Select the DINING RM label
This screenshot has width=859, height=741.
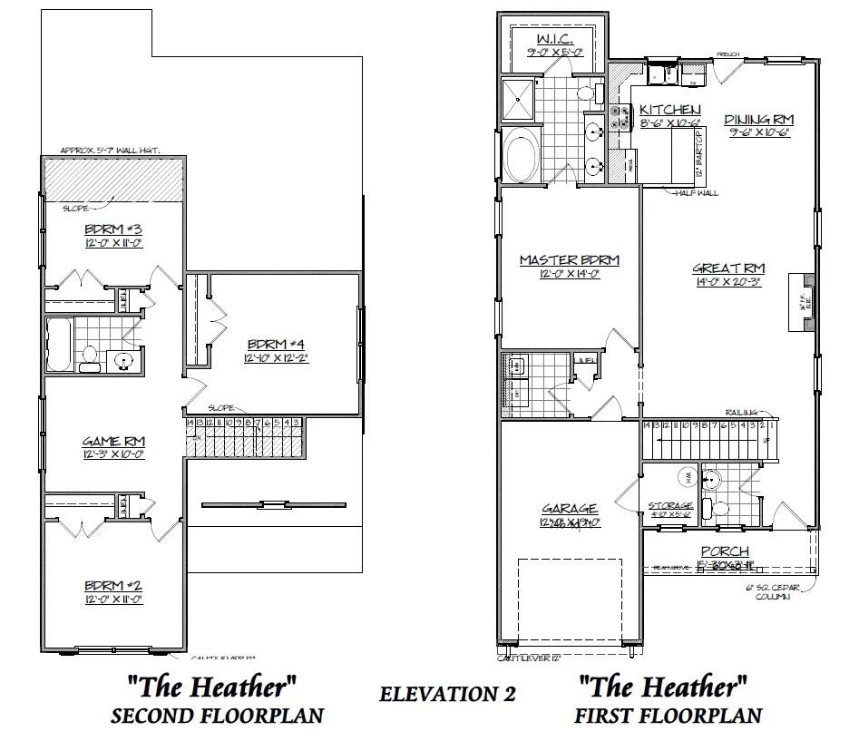[x=759, y=119]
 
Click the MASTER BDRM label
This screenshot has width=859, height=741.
[x=569, y=260]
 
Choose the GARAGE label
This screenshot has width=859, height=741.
[x=570, y=509]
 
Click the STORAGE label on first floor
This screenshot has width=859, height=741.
[x=670, y=506]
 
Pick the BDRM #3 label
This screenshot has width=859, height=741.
[x=113, y=229]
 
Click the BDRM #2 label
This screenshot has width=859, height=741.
[x=113, y=585]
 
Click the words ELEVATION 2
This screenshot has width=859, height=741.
[x=447, y=694]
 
